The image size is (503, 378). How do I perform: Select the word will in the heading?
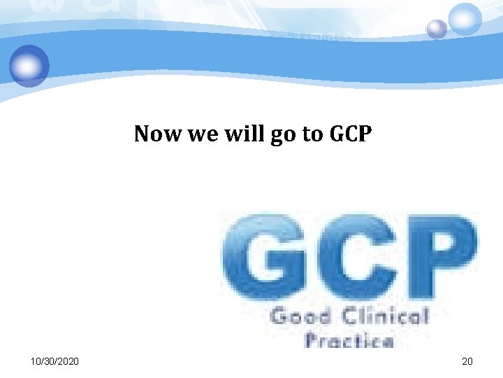pos(238,133)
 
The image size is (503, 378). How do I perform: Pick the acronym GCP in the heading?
pos(350,133)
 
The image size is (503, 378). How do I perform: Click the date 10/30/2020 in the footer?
pos(55,361)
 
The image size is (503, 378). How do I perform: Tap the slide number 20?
pos(467,361)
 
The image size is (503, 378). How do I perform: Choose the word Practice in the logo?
pos(349,341)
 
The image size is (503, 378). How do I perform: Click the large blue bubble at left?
pos(29,65)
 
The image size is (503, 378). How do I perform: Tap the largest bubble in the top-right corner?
pos(465,18)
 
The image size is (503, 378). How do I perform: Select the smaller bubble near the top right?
pos(437,29)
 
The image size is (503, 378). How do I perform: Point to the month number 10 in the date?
pos(36,361)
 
